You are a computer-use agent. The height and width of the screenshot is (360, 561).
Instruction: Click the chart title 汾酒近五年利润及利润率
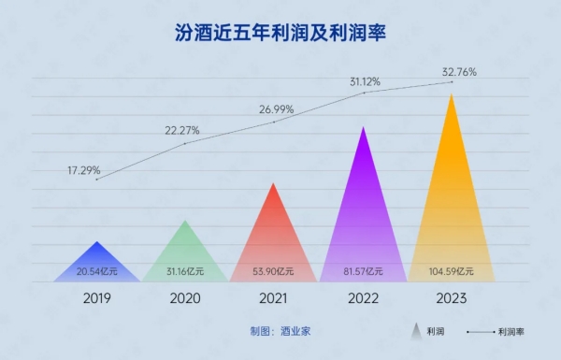[x=280, y=34]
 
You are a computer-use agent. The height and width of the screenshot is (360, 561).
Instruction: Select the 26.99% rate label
[x=275, y=109]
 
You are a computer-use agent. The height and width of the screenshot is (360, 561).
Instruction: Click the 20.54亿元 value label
[x=97, y=272]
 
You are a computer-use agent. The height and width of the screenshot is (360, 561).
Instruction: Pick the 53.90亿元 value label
[x=274, y=272]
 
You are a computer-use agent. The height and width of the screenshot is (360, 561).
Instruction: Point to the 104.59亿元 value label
[x=452, y=272]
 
